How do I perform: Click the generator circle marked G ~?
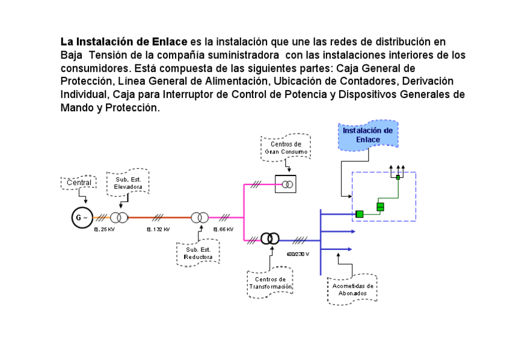(x=82, y=218)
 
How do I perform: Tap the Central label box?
(x=79, y=182)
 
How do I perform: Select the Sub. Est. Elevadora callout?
(x=128, y=183)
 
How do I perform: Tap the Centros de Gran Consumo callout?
(x=286, y=148)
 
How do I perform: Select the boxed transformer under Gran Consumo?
(x=286, y=184)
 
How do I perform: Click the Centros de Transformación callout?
(x=270, y=283)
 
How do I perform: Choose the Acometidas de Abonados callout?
(x=352, y=289)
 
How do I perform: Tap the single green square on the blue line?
(x=359, y=214)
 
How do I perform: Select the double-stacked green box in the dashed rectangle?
(x=380, y=207)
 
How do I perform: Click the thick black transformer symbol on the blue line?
(x=270, y=239)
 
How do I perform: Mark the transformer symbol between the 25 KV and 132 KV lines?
(x=119, y=218)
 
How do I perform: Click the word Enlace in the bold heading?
(x=171, y=42)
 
